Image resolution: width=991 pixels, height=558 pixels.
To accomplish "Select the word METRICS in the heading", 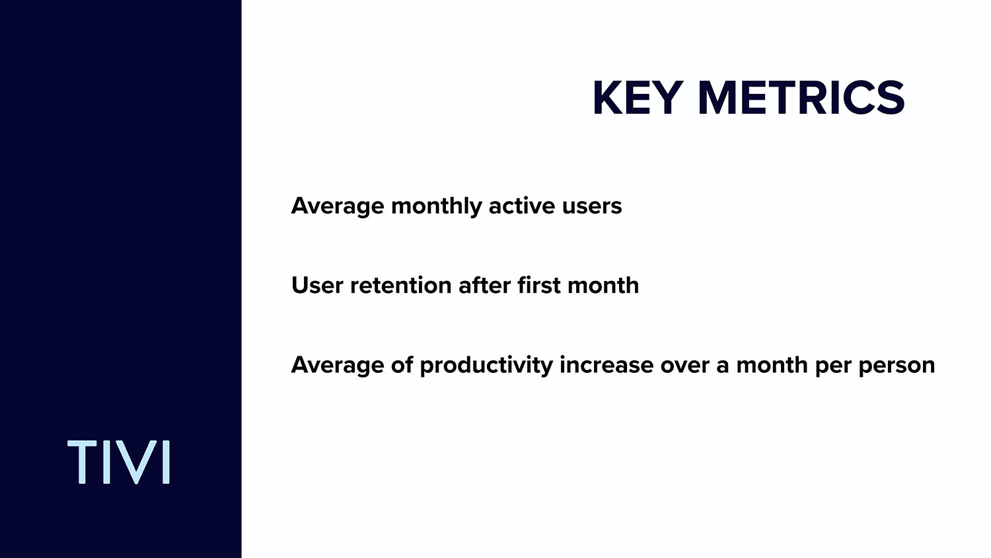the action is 801,98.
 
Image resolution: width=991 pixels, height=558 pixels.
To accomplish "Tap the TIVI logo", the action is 118,462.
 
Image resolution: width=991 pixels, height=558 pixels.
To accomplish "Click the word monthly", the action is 436,207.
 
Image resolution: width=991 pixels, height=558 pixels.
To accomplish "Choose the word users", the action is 592,207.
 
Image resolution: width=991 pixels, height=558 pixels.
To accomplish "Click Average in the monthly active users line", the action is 338,207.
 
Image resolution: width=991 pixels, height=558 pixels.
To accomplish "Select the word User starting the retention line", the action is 317,286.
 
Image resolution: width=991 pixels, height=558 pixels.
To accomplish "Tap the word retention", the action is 401,286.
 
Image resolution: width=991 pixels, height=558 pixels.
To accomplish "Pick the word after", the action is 484,286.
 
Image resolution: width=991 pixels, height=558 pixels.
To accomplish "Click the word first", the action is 539,286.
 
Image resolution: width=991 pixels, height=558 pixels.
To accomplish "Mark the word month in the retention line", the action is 603,286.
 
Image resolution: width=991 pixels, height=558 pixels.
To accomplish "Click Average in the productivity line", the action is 338,366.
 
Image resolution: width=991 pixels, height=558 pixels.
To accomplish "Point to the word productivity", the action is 486,366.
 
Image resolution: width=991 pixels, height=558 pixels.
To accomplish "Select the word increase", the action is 606,366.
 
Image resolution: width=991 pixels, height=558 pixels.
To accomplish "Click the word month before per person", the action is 772,366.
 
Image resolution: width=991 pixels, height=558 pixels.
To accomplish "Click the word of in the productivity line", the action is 402,365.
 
